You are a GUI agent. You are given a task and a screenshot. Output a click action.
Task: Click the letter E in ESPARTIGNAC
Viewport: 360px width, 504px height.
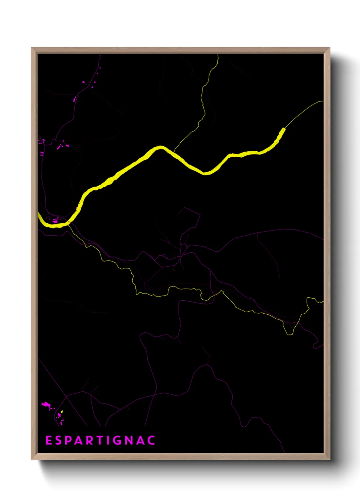point(49,440)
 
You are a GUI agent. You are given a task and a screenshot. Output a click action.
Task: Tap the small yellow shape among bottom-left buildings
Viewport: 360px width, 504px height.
point(62,412)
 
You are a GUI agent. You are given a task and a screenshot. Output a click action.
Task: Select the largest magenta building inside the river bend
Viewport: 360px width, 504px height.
point(55,221)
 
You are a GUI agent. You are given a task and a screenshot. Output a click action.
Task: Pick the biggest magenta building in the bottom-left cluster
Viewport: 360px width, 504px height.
point(45,404)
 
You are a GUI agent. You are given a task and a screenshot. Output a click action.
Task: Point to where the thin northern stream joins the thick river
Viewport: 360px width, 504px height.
point(174,152)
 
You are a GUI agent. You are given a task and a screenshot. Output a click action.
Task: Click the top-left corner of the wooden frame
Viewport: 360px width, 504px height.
point(32,48)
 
